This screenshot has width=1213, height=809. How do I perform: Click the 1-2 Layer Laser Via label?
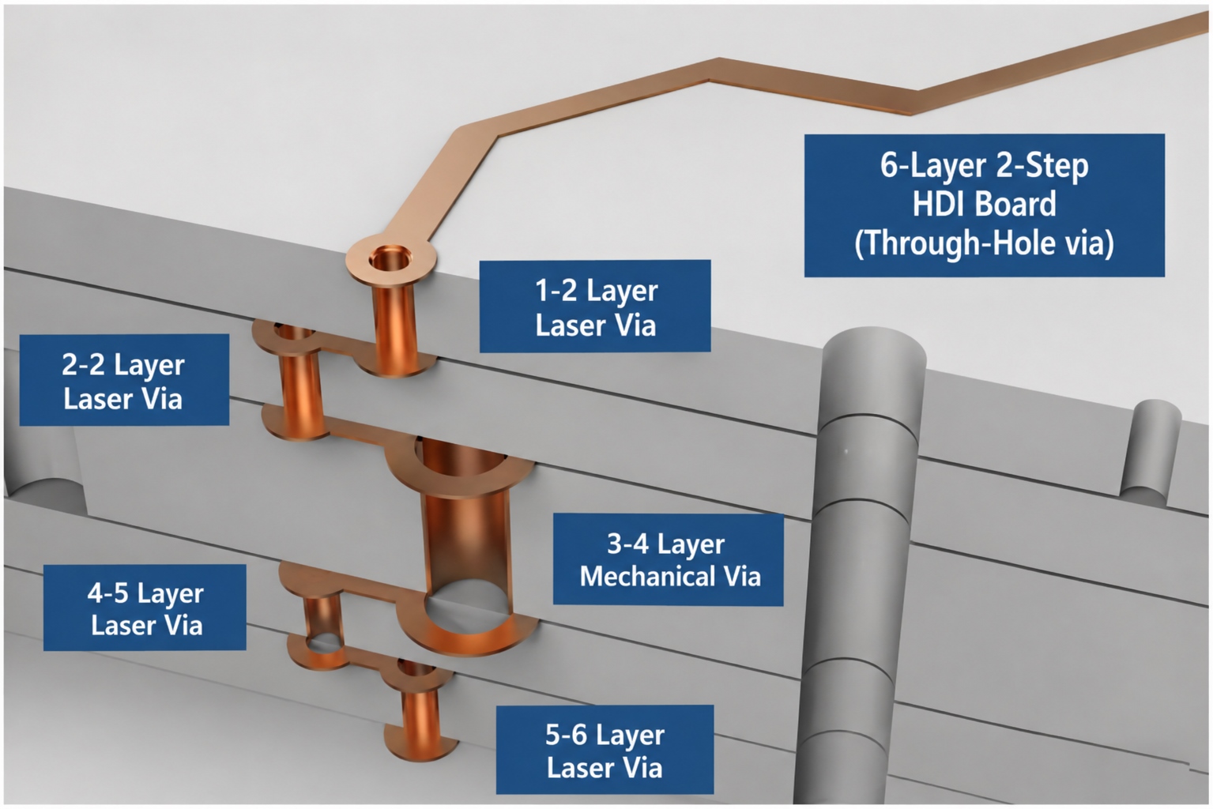click(595, 306)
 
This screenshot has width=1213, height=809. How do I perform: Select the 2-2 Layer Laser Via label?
click(124, 379)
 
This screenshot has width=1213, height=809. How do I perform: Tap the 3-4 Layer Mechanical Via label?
click(669, 559)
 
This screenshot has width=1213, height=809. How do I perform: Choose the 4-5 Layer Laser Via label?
click(145, 608)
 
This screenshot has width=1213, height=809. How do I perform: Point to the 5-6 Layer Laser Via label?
click(605, 750)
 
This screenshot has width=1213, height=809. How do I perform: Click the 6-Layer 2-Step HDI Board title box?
click(985, 205)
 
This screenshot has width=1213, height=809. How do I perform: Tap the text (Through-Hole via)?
click(985, 243)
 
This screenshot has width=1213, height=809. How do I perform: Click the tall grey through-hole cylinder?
click(861, 569)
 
